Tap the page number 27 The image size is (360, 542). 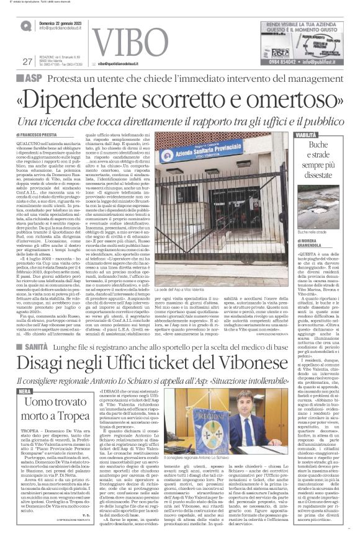tap(26, 61)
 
